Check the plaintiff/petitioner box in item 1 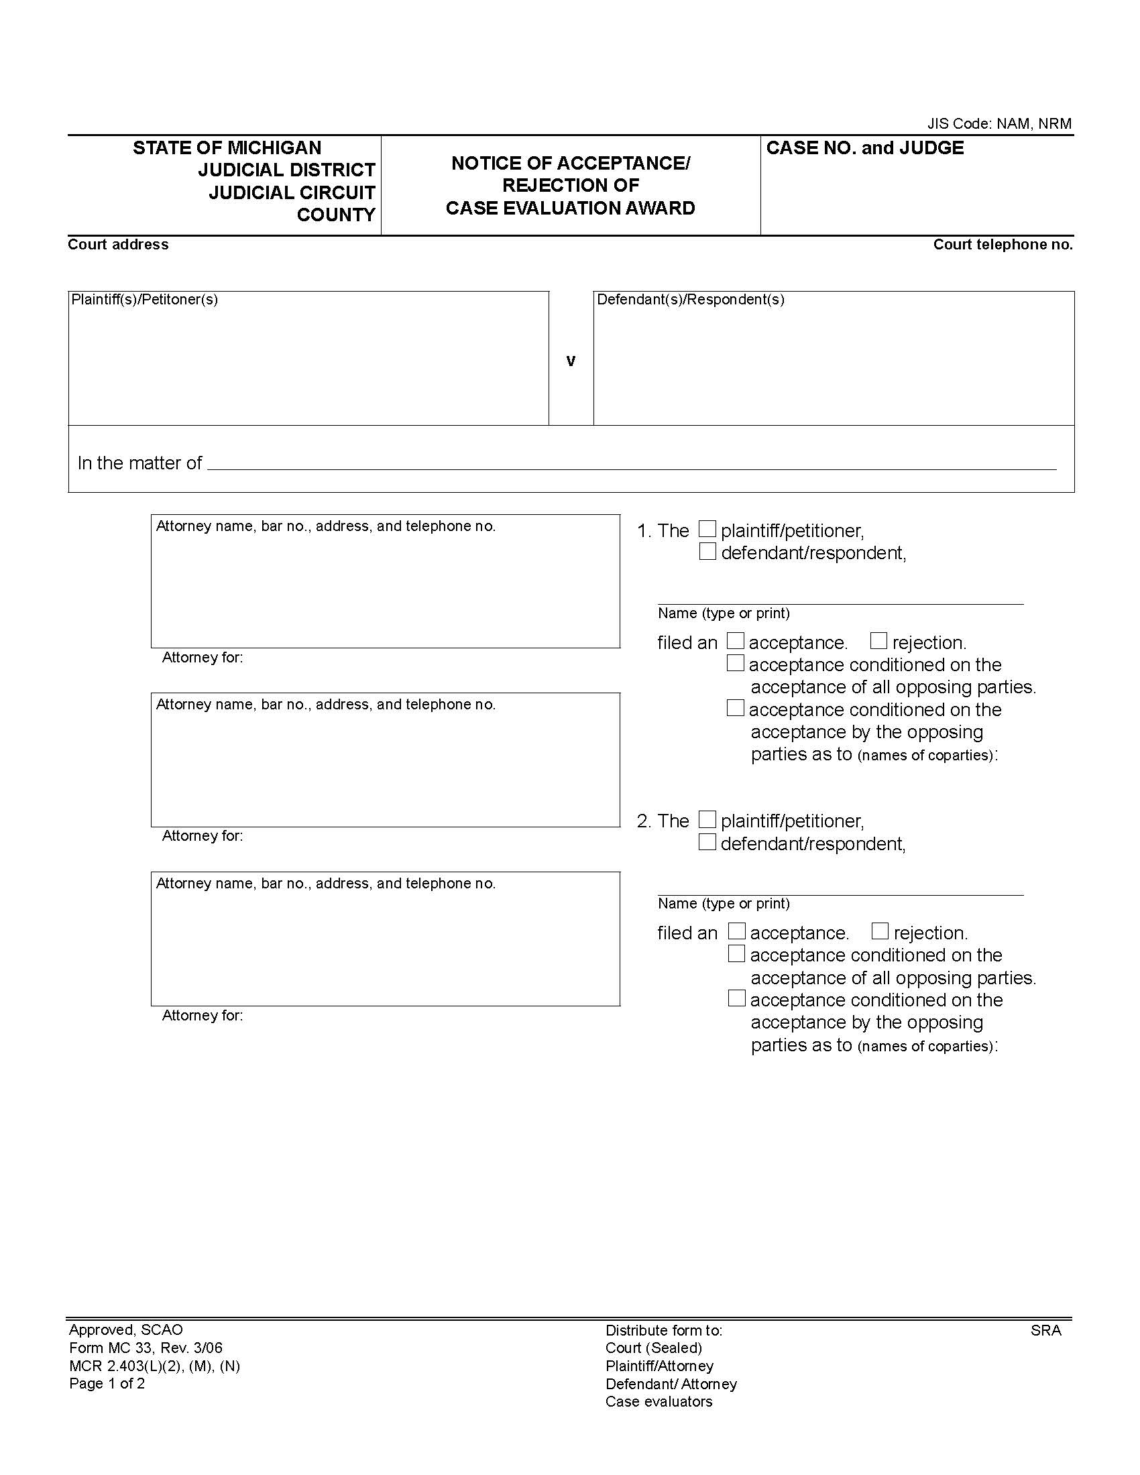pyautogui.click(x=707, y=529)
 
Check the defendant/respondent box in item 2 pyautogui.click(x=707, y=842)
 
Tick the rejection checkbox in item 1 pyautogui.click(x=878, y=640)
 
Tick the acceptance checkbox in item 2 pyautogui.click(x=737, y=931)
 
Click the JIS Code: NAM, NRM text pyautogui.click(x=999, y=123)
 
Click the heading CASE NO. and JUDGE pyautogui.click(x=864, y=148)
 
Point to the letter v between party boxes pyautogui.click(x=571, y=361)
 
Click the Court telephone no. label pyautogui.click(x=1003, y=245)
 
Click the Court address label pyautogui.click(x=118, y=245)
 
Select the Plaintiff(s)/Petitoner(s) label pyautogui.click(x=145, y=299)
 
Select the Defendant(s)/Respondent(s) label pyautogui.click(x=690, y=299)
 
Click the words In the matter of pyautogui.click(x=139, y=463)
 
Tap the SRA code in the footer pyautogui.click(x=1045, y=1330)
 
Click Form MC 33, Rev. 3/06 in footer pyautogui.click(x=146, y=1348)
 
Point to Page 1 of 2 pyautogui.click(x=107, y=1383)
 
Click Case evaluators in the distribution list pyautogui.click(x=659, y=1401)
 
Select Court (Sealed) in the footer pyautogui.click(x=654, y=1348)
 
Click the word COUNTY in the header pyautogui.click(x=336, y=215)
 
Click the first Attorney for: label pyautogui.click(x=203, y=658)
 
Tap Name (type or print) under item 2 pyautogui.click(x=724, y=904)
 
